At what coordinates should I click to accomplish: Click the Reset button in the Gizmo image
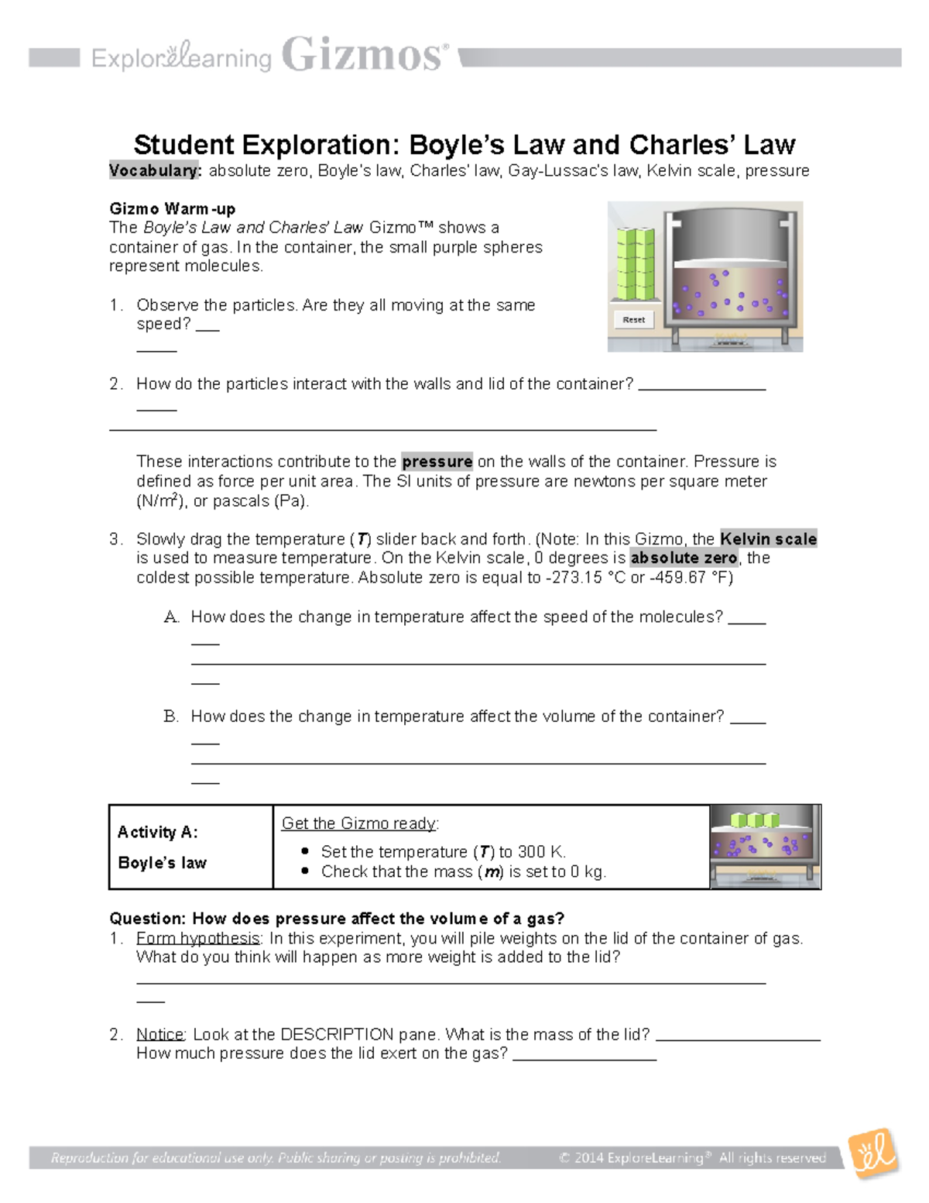[633, 319]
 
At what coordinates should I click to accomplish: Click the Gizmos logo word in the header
[364, 57]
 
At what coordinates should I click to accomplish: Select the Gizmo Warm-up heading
[172, 208]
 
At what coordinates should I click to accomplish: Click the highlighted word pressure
[437, 462]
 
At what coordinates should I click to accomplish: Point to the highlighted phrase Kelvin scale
[768, 539]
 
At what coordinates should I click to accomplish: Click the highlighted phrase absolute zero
[684, 559]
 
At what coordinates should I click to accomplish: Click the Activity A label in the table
[157, 832]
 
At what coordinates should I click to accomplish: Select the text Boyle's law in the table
[162, 863]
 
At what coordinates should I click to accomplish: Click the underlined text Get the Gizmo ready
[360, 823]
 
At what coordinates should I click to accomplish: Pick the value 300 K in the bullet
[541, 852]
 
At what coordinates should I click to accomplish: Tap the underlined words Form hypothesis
[198, 938]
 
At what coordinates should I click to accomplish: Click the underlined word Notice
[160, 1034]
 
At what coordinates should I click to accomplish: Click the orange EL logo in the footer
[873, 1153]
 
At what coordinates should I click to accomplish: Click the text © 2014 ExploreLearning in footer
[630, 1158]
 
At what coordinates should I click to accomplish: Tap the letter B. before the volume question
[171, 717]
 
